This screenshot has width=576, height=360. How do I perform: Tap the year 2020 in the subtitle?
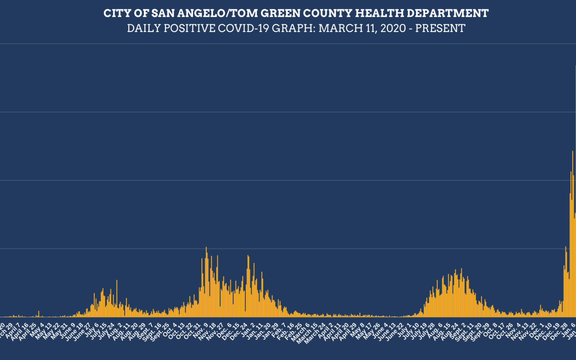click(x=393, y=28)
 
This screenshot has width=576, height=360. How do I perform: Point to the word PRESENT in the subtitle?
click(x=440, y=28)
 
